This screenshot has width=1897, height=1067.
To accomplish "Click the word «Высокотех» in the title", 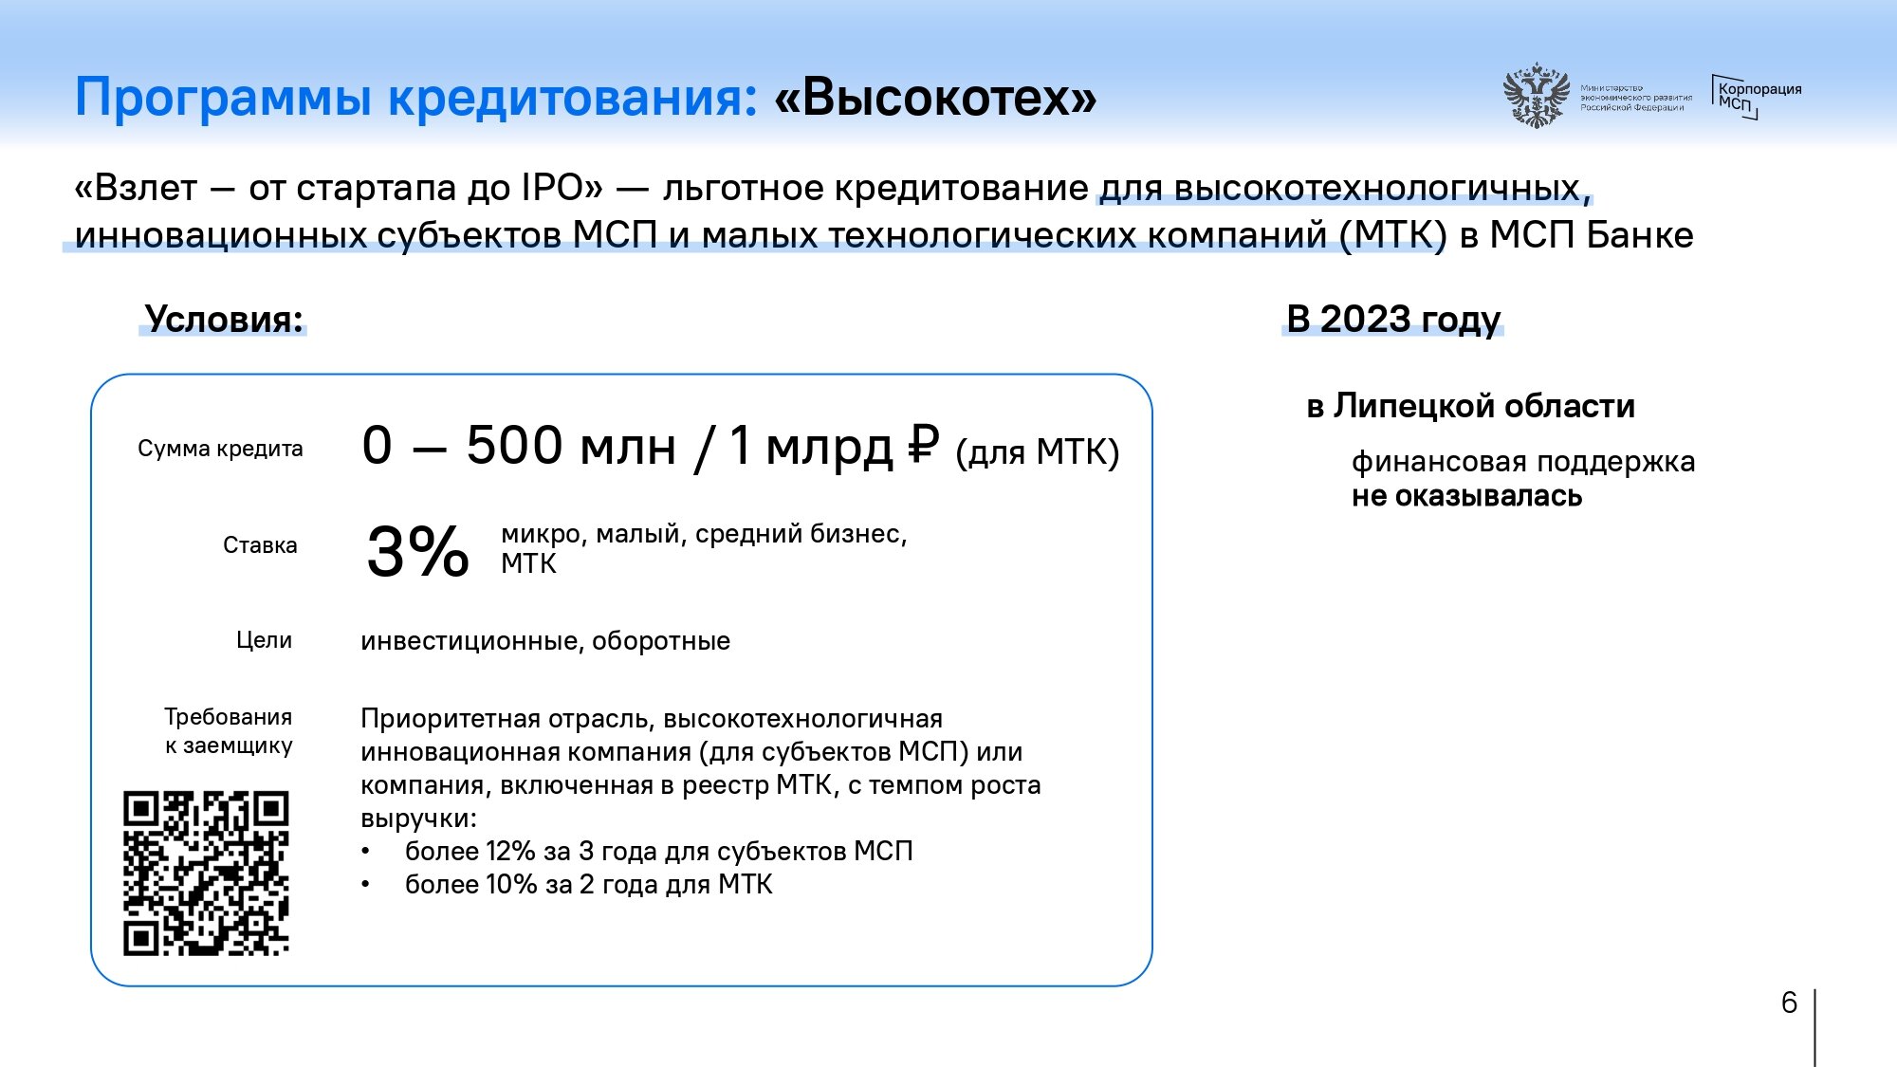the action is pyautogui.click(x=935, y=97).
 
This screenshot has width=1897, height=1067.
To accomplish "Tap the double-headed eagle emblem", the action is pyautogui.click(x=1535, y=95).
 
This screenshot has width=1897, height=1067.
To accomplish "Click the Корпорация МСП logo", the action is pyautogui.click(x=1757, y=97).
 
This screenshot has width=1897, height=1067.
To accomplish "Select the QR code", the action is pyautogui.click(x=206, y=873).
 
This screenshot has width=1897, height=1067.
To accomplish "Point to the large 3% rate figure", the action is pyautogui.click(x=417, y=551).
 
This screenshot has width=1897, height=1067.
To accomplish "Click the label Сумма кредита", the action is pyautogui.click(x=220, y=449).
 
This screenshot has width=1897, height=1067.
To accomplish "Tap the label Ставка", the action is pyautogui.click(x=260, y=545).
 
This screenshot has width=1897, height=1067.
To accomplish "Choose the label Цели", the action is pyautogui.click(x=264, y=641).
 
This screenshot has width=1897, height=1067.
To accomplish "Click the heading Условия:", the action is pyautogui.click(x=224, y=320).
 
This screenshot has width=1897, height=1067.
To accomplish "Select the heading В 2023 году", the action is pyautogui.click(x=1393, y=320).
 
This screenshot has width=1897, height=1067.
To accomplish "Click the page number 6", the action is pyautogui.click(x=1789, y=1003).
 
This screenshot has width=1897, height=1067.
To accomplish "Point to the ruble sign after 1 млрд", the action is pyautogui.click(x=923, y=444).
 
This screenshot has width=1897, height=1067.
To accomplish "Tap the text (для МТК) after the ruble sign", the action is pyautogui.click(x=1038, y=452).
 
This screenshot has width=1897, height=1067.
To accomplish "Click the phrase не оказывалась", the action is pyautogui.click(x=1466, y=496).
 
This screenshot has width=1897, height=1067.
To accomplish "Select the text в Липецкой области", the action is pyautogui.click(x=1471, y=406).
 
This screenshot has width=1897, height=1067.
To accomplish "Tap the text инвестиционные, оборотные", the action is pyautogui.click(x=545, y=641).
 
